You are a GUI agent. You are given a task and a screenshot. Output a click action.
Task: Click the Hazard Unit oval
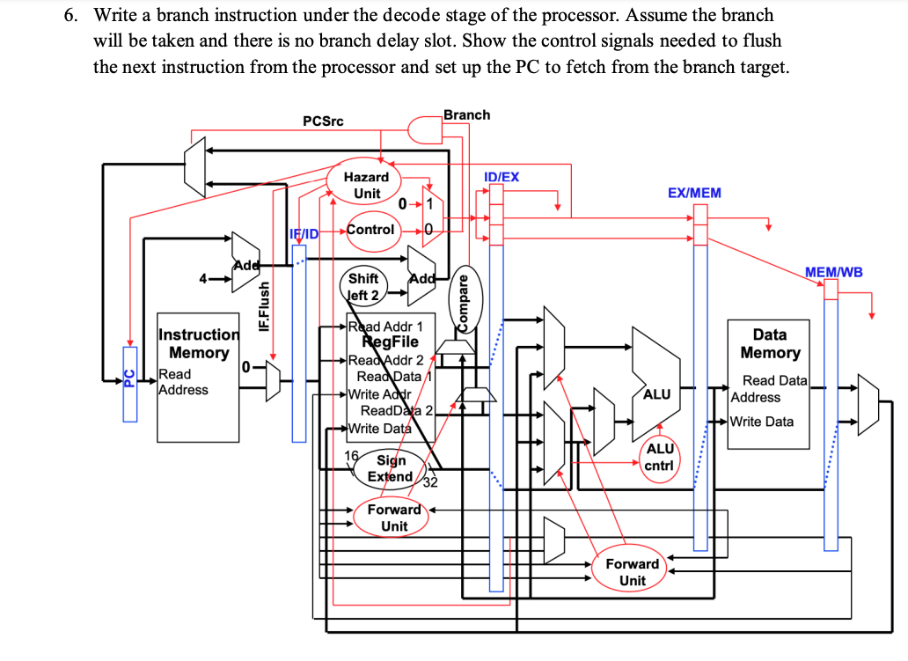367,185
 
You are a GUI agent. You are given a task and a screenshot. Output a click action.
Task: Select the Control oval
370,230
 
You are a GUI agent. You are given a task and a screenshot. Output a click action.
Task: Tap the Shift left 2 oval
363,287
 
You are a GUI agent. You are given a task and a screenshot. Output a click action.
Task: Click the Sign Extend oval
391,468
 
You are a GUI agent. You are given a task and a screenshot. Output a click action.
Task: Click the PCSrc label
323,121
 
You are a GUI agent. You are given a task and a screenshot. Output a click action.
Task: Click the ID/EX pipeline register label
502,177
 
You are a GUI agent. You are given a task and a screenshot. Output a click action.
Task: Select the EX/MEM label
693,193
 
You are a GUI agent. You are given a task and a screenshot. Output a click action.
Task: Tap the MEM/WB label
833,272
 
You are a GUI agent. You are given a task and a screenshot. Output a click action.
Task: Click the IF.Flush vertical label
262,306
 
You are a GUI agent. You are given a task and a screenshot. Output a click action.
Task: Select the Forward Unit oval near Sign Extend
393,518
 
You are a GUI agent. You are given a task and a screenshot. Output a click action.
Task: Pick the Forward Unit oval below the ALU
632,572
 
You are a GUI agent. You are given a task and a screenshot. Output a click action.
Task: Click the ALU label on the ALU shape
657,395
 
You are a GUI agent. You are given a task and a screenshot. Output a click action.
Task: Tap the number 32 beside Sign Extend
430,482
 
